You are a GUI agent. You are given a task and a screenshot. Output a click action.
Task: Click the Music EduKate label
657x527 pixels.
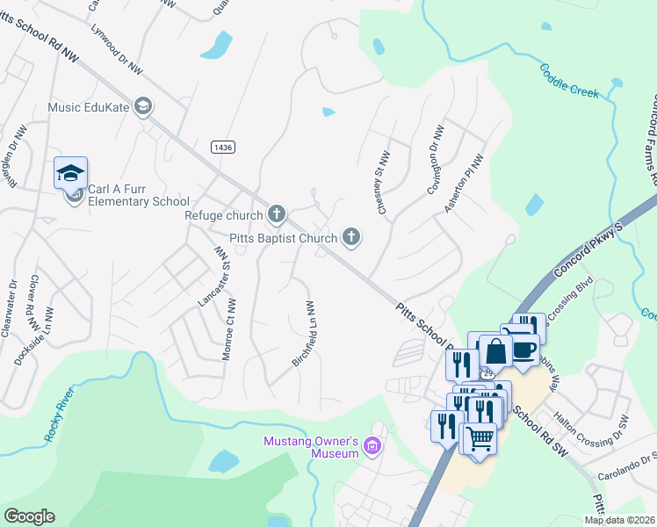(90, 107)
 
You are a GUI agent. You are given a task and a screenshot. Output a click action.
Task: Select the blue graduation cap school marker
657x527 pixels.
(70, 172)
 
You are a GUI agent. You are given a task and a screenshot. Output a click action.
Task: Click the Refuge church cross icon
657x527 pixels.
(277, 214)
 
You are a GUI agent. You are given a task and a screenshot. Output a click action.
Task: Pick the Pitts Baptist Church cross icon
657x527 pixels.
(351, 237)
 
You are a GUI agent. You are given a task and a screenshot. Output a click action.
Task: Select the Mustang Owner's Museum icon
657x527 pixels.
(372, 447)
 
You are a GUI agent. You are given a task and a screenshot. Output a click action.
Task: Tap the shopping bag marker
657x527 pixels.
(495, 350)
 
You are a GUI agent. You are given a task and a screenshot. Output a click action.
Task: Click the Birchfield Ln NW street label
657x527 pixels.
(302, 333)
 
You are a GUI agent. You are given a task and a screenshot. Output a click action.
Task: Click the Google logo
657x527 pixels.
(29, 516)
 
